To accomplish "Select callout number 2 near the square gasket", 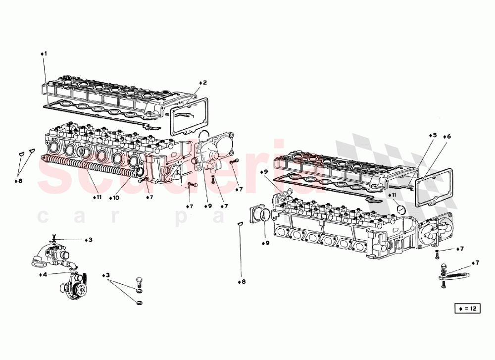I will [x=203, y=83].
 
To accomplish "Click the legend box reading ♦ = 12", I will [x=467, y=309].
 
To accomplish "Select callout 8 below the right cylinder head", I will [x=241, y=282].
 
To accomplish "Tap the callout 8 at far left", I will [x=18, y=181].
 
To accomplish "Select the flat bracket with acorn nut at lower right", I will [x=454, y=275].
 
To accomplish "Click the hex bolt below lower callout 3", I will [x=139, y=284].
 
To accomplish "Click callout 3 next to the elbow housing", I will [x=88, y=240].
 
